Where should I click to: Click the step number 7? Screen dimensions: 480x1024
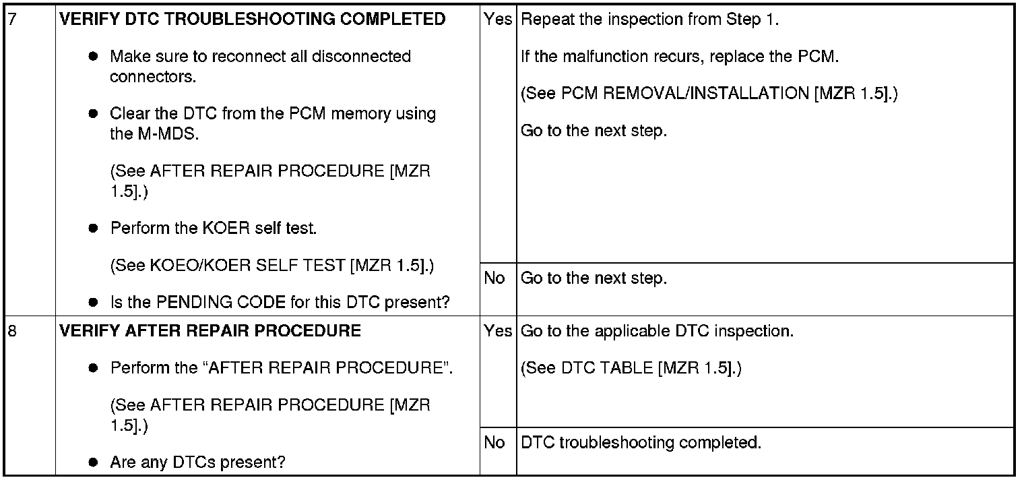(9, 20)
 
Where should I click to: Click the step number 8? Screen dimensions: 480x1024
(9, 332)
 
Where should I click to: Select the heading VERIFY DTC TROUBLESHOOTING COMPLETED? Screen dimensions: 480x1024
(253, 20)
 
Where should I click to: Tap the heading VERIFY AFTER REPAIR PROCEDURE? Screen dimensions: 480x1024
(210, 332)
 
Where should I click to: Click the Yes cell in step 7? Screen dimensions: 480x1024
(498, 20)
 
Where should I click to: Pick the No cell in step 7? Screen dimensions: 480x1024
(494, 278)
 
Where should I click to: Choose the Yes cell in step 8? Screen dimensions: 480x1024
(498, 332)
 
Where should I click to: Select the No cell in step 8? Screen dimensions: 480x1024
(494, 443)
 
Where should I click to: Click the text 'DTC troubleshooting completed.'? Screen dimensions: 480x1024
(641, 443)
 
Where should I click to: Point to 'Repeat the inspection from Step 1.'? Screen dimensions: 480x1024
(650, 20)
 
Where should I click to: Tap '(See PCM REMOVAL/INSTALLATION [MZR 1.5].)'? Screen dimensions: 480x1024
(710, 94)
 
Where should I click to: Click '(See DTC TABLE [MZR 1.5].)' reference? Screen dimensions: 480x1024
(631, 369)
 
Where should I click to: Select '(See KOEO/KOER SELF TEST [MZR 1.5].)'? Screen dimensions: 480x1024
(272, 266)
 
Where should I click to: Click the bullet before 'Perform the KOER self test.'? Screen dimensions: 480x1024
(94, 229)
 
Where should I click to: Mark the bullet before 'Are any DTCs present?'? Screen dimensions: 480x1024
(94, 462)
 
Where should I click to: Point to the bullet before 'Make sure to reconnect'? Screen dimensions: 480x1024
(94, 57)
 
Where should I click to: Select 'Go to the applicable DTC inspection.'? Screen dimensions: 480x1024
(658, 332)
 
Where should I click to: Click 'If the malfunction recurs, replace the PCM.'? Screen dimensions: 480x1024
(680, 57)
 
